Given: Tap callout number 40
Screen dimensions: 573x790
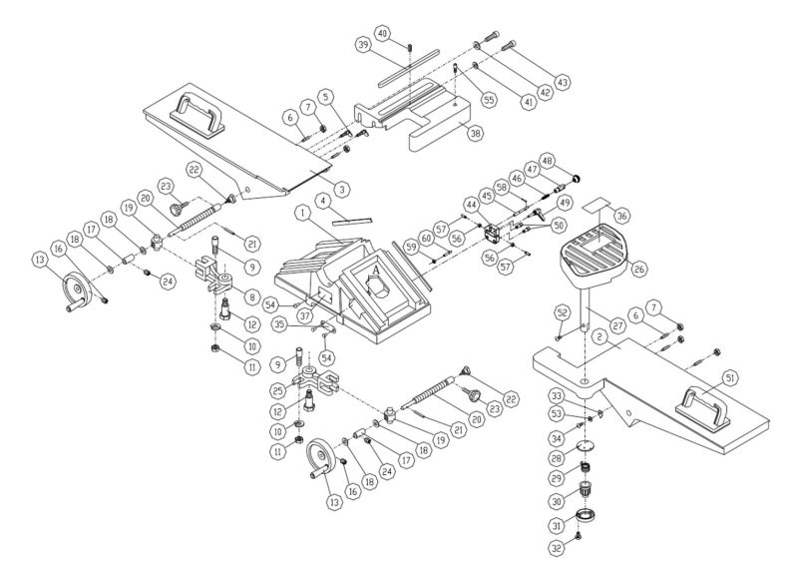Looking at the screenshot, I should [x=341, y=187].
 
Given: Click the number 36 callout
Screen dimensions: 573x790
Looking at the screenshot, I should [x=622, y=216].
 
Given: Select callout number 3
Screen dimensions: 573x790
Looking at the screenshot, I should [x=341, y=187].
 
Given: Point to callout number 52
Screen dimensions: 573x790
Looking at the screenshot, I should [x=562, y=312].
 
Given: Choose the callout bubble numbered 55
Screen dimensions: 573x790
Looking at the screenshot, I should [x=489, y=100].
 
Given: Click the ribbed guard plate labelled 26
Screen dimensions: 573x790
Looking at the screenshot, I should [x=595, y=255].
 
